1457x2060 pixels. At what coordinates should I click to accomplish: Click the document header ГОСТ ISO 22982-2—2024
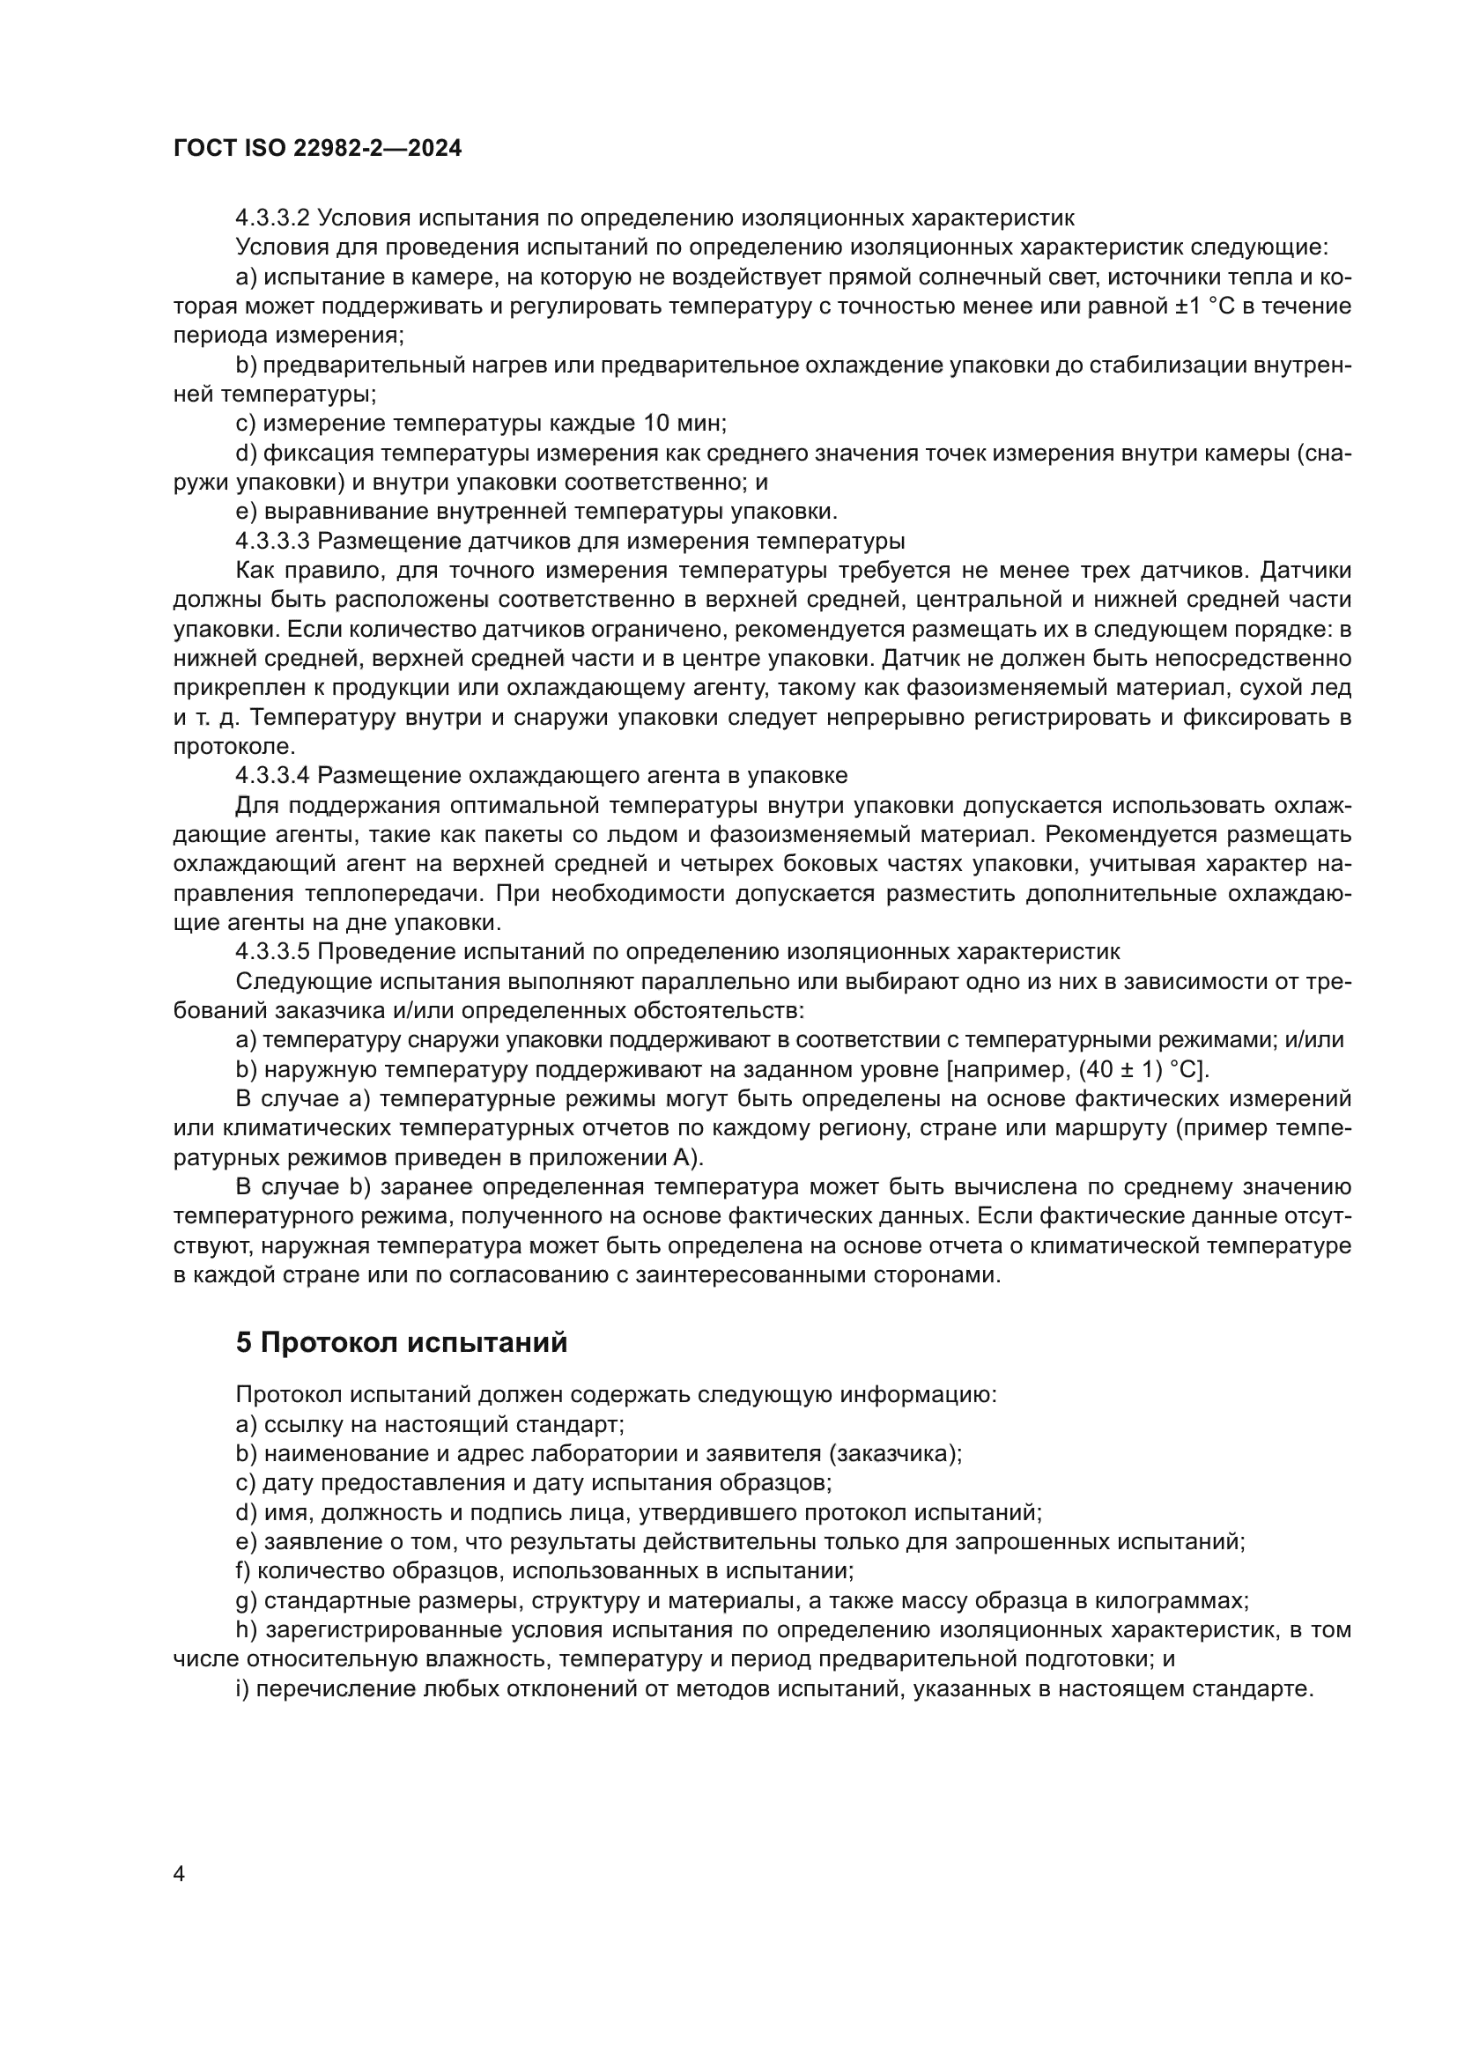point(318,149)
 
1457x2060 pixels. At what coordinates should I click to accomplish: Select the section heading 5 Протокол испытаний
point(401,1342)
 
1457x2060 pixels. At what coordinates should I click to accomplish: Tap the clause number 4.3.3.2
point(273,218)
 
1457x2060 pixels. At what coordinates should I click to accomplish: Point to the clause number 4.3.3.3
point(273,541)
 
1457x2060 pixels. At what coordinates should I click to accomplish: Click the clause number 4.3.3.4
point(273,775)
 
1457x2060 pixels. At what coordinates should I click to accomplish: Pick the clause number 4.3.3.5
point(273,951)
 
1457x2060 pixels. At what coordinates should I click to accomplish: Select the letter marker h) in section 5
point(247,1630)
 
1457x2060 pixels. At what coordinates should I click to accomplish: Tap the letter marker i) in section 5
point(242,1688)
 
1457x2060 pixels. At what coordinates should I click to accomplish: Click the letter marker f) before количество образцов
point(243,1571)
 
